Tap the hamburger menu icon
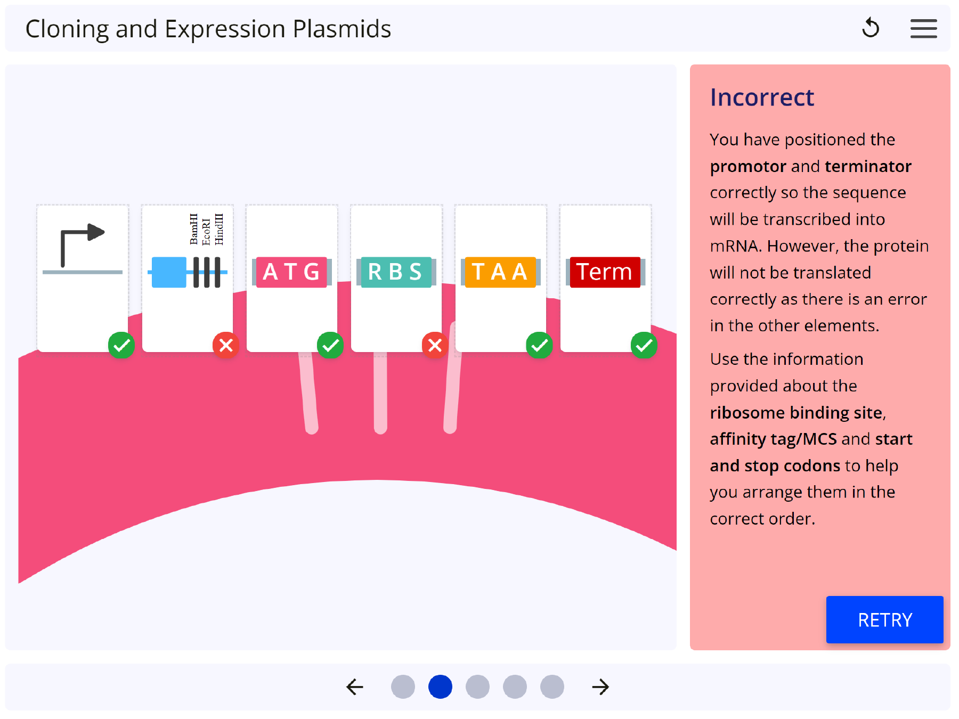click(x=923, y=29)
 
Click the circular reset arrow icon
click(x=871, y=28)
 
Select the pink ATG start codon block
click(x=291, y=272)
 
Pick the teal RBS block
click(x=396, y=272)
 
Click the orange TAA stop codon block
click(x=500, y=272)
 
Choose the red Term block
click(x=605, y=272)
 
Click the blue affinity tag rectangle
click(x=169, y=272)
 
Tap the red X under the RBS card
click(x=435, y=345)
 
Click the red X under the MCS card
click(x=226, y=345)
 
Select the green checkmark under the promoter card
click(x=121, y=345)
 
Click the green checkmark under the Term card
click(x=644, y=345)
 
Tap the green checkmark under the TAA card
click(x=539, y=345)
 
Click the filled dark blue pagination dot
click(x=440, y=687)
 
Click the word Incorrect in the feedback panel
click(x=762, y=97)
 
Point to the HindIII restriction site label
click(x=219, y=230)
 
